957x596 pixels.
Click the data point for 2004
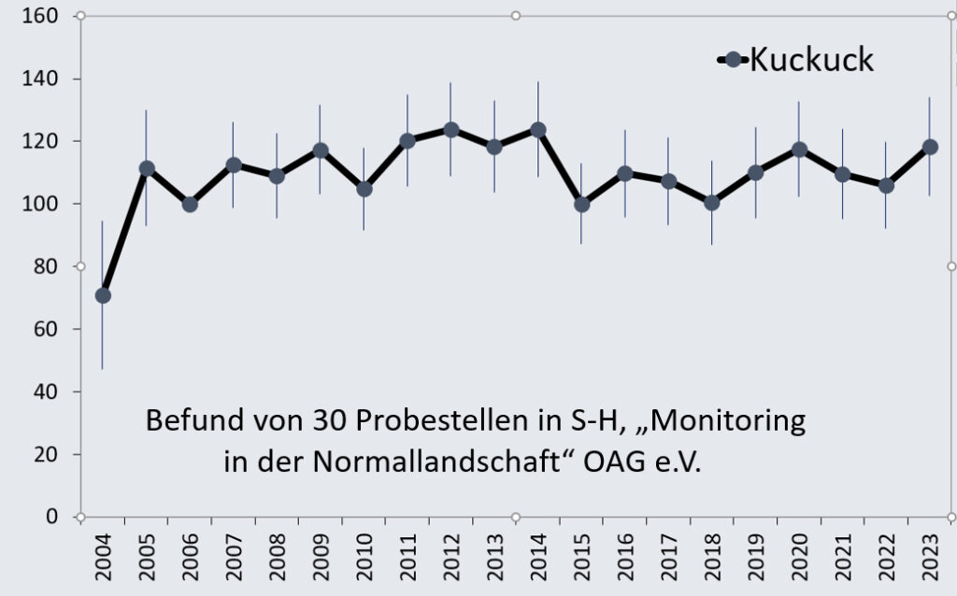coord(103,296)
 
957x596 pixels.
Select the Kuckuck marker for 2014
coord(538,130)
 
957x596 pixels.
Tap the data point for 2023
coord(930,147)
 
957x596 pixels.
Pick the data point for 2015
coord(581,205)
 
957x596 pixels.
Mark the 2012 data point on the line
coord(450,130)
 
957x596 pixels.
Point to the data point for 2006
coord(190,205)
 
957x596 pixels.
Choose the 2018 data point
coord(712,203)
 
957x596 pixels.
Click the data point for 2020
coord(799,149)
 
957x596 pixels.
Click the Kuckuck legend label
coord(811,60)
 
